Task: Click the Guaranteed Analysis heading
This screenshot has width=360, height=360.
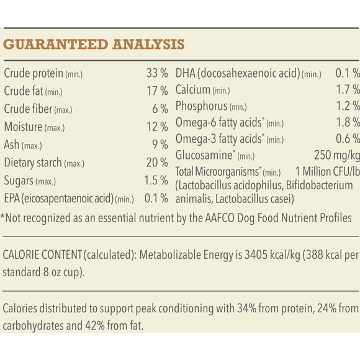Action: click(94, 45)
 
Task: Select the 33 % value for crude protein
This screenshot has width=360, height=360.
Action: click(157, 73)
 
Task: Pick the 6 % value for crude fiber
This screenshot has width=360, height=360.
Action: click(160, 109)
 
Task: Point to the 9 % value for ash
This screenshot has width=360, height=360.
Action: click(160, 145)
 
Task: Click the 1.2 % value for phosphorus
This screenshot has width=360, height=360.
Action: click(347, 106)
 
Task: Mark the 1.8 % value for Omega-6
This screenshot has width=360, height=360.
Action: click(347, 122)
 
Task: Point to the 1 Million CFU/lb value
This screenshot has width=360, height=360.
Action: click(327, 172)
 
